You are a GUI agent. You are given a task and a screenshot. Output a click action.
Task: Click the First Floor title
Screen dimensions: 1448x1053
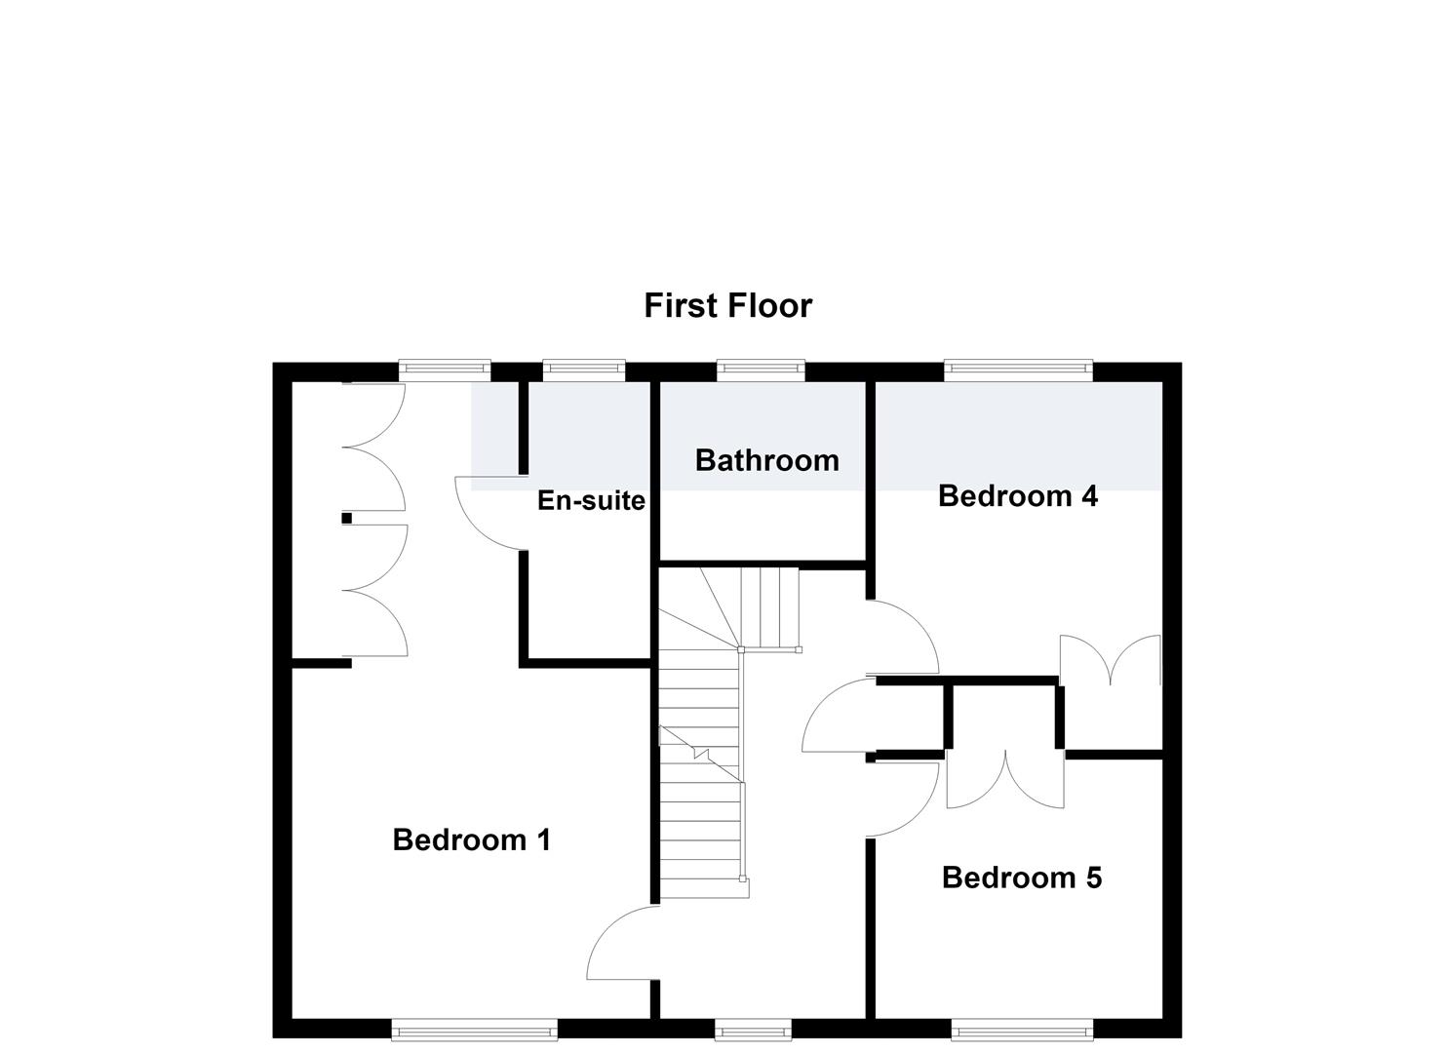click(727, 306)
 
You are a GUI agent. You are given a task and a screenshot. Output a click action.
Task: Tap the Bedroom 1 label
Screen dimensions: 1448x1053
click(472, 839)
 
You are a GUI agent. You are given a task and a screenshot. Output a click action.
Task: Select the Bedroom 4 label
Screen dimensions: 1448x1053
click(1018, 496)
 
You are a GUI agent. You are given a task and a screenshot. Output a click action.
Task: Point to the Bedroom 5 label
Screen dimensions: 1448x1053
click(1022, 877)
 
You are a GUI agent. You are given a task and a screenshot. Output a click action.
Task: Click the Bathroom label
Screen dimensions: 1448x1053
click(767, 460)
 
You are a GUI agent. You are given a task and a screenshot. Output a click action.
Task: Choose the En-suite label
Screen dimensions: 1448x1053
click(592, 500)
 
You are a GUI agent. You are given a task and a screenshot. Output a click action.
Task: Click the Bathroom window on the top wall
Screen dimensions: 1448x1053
click(761, 370)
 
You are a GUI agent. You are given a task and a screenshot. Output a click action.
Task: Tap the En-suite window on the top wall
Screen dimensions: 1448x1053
click(584, 370)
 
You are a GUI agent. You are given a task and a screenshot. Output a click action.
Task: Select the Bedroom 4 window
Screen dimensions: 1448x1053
click(1018, 370)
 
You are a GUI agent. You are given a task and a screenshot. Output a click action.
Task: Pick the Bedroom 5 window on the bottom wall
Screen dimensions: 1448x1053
click(1022, 1030)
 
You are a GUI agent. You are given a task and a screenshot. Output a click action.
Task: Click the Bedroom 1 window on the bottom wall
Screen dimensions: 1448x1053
click(475, 1030)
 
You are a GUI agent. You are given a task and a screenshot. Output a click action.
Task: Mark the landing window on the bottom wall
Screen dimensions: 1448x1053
click(753, 1030)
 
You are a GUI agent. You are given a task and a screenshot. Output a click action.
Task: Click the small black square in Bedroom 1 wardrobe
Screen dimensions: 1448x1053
click(346, 518)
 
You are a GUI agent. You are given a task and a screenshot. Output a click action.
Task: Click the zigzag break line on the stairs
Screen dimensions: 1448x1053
click(701, 754)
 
